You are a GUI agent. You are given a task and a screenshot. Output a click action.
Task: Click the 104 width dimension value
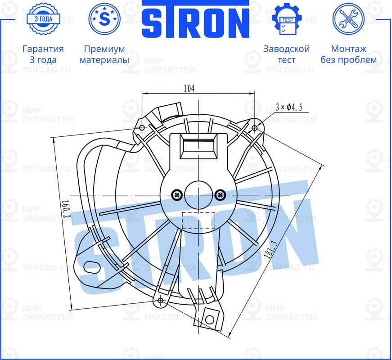point(189,89)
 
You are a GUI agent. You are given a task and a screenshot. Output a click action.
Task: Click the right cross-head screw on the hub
point(220,194)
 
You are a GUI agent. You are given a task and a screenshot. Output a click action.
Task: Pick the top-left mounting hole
point(142,128)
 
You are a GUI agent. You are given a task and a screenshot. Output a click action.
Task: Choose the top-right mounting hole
point(255,128)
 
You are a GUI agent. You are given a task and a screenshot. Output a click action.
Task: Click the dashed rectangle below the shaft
point(198,220)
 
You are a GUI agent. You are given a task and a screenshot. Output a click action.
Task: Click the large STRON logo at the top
point(196,20)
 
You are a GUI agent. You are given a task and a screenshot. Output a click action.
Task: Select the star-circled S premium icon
point(104,18)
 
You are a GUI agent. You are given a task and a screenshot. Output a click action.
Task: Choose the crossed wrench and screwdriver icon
point(348,18)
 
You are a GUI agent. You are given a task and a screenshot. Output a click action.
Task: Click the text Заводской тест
point(286,54)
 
